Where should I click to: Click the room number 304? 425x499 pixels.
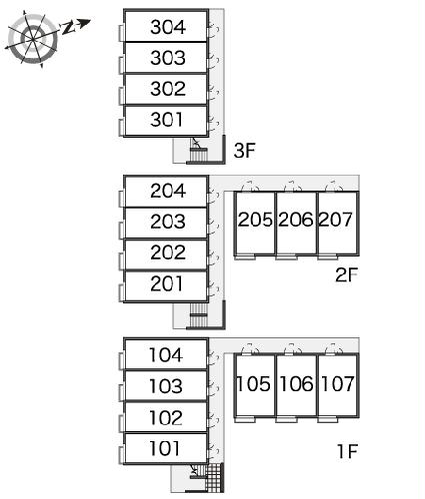tap(168, 27)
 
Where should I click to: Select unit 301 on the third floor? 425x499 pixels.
tap(167, 120)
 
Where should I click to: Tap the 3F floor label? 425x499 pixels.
tap(244, 151)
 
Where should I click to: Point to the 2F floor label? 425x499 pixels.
tap(346, 275)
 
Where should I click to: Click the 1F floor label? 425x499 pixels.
tap(347, 451)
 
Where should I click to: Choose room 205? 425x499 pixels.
tap(255, 220)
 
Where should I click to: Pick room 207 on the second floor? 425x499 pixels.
tap(336, 220)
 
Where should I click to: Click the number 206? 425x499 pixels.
tap(296, 220)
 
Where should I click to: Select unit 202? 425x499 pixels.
tap(168, 252)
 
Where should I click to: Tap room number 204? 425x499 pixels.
tap(168, 191)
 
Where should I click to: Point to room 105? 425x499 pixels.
tap(253, 384)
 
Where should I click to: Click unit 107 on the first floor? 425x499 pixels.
tap(337, 384)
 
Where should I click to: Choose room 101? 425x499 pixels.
tap(165, 448)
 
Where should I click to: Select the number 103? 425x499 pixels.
tap(166, 386)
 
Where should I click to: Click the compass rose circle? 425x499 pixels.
tap(33, 39)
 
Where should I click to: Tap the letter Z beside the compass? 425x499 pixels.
tap(68, 28)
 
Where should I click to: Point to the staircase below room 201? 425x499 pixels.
tap(199, 315)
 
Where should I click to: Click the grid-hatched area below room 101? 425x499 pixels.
tap(214, 477)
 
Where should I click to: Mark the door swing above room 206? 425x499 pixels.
tap(293, 186)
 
